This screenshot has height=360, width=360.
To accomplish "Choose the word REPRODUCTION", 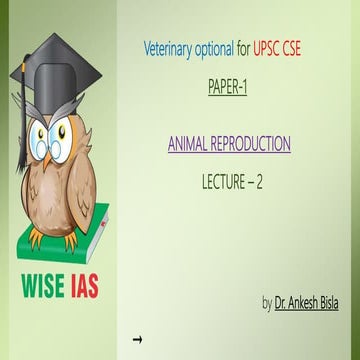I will (251, 145).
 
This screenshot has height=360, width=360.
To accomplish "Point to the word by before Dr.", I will (266, 302).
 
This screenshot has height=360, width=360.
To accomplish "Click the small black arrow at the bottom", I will (137, 340).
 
